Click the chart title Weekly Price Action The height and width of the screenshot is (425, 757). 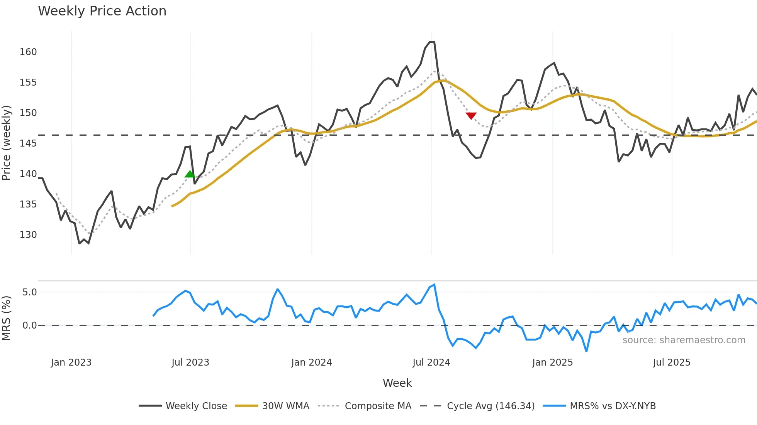pyautogui.click(x=102, y=11)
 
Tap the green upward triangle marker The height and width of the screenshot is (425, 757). pyautogui.click(x=190, y=174)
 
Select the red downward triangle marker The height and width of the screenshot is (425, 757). pyautogui.click(x=471, y=116)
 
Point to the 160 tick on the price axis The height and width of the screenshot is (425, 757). pyautogui.click(x=28, y=52)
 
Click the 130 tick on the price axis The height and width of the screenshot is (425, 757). pyautogui.click(x=28, y=235)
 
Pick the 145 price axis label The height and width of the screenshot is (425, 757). pyautogui.click(x=28, y=143)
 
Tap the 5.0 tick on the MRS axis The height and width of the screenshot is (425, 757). pyautogui.click(x=29, y=292)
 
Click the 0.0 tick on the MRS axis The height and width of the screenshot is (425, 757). pyautogui.click(x=29, y=325)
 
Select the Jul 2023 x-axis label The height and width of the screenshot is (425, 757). pyautogui.click(x=190, y=363)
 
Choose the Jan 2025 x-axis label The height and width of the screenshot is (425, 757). pyautogui.click(x=552, y=363)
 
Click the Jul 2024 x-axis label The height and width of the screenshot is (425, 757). pyautogui.click(x=431, y=363)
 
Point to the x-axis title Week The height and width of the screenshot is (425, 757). pyautogui.click(x=397, y=383)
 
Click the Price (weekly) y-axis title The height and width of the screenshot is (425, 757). pyautogui.click(x=7, y=143)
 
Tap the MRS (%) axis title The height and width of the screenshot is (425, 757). pyautogui.click(x=7, y=318)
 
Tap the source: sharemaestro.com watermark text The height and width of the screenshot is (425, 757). pyautogui.click(x=684, y=340)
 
